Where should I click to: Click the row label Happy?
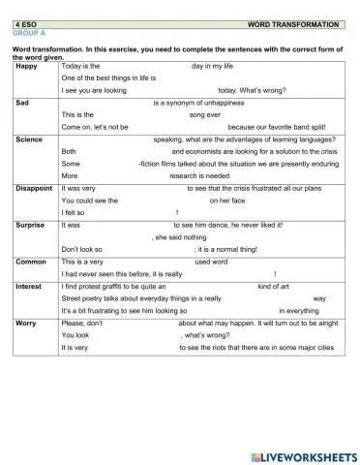pyautogui.click(x=27, y=66)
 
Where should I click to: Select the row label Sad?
pyautogui.click(x=22, y=102)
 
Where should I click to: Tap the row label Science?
pyautogui.click(x=30, y=139)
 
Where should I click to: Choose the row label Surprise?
pyautogui.click(x=31, y=225)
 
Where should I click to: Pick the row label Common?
pyautogui.click(x=31, y=262)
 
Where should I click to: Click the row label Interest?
pyautogui.click(x=30, y=287)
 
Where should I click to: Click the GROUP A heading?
pyautogui.click(x=30, y=32)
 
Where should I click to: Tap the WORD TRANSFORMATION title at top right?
pyautogui.click(x=293, y=23)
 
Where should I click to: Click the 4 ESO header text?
pyautogui.click(x=28, y=23)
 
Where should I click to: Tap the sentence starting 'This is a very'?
pyautogui.click(x=82, y=262)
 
